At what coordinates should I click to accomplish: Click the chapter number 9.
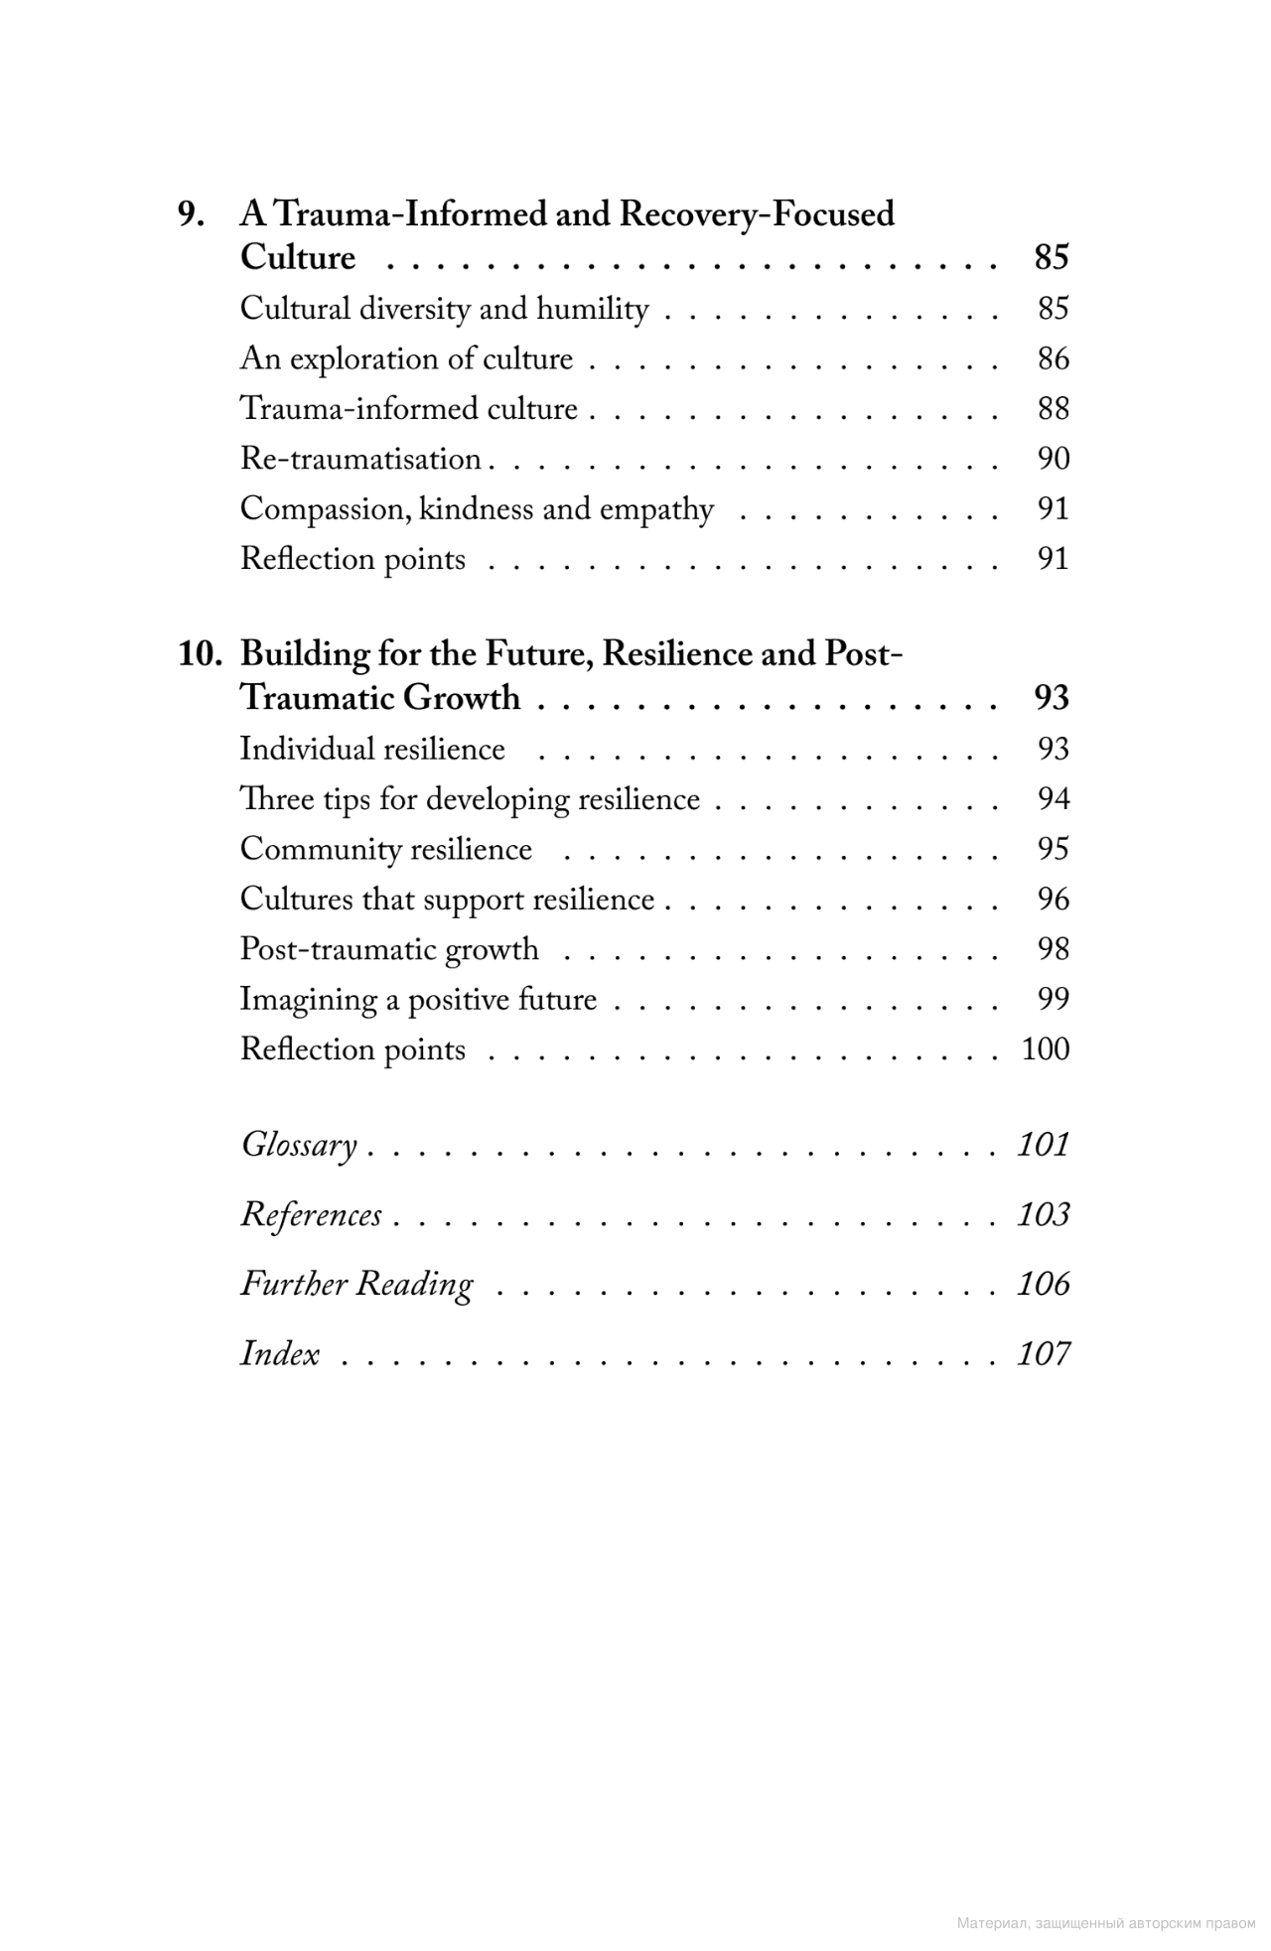point(191,214)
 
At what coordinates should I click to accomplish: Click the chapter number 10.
point(200,654)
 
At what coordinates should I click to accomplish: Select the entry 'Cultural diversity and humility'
point(444,309)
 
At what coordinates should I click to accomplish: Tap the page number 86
point(1053,358)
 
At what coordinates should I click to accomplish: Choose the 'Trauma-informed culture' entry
point(408,409)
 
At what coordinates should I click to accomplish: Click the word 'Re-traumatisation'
point(360,459)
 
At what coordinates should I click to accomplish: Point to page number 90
point(1053,459)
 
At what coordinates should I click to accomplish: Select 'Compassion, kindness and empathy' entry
point(477,509)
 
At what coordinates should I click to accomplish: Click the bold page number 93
point(1051,698)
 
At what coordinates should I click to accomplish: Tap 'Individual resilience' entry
point(372,749)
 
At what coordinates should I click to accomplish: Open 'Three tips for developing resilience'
point(470,799)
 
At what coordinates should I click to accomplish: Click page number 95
point(1053,849)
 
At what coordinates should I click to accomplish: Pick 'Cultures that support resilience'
point(447,900)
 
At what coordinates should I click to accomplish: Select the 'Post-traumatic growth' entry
point(389,949)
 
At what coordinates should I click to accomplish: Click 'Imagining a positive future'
point(418,1000)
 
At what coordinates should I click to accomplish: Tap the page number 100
point(1045,1049)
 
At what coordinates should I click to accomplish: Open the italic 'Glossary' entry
point(299,1145)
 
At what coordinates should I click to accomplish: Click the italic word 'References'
point(311,1214)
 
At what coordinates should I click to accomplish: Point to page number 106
point(1043,1284)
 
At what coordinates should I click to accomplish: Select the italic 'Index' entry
point(280,1354)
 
